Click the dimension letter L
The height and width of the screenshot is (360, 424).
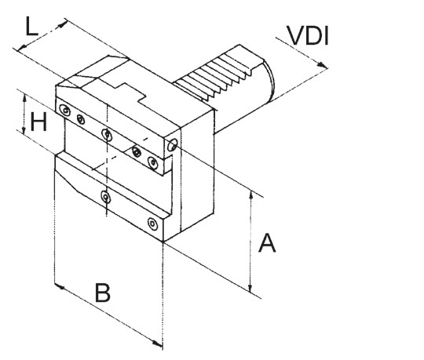tap(31, 26)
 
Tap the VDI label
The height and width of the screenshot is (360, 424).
tap(308, 35)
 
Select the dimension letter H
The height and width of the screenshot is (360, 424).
tap(38, 122)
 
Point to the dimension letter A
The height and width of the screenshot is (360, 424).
tap(267, 243)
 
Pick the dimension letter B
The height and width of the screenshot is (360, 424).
tap(103, 293)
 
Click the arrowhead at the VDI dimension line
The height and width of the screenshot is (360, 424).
tap(322, 65)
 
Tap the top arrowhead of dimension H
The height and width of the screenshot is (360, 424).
tap(24, 98)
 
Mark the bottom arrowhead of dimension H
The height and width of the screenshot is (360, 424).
tap(24, 131)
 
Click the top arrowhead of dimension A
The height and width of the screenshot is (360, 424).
tap(251, 195)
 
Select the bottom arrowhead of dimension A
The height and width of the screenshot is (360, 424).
tap(250, 288)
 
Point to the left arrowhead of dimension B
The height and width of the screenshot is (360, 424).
tap(60, 286)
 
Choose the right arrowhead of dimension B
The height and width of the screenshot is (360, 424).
tap(157, 344)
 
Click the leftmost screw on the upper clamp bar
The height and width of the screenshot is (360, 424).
tap(65, 110)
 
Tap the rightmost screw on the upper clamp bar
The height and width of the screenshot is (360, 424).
tap(153, 163)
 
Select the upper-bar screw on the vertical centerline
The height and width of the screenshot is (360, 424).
tap(107, 134)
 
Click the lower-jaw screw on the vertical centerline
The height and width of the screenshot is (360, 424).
tap(106, 197)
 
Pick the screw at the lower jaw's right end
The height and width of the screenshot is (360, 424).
tap(153, 224)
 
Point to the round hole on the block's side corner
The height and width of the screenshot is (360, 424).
tap(172, 145)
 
